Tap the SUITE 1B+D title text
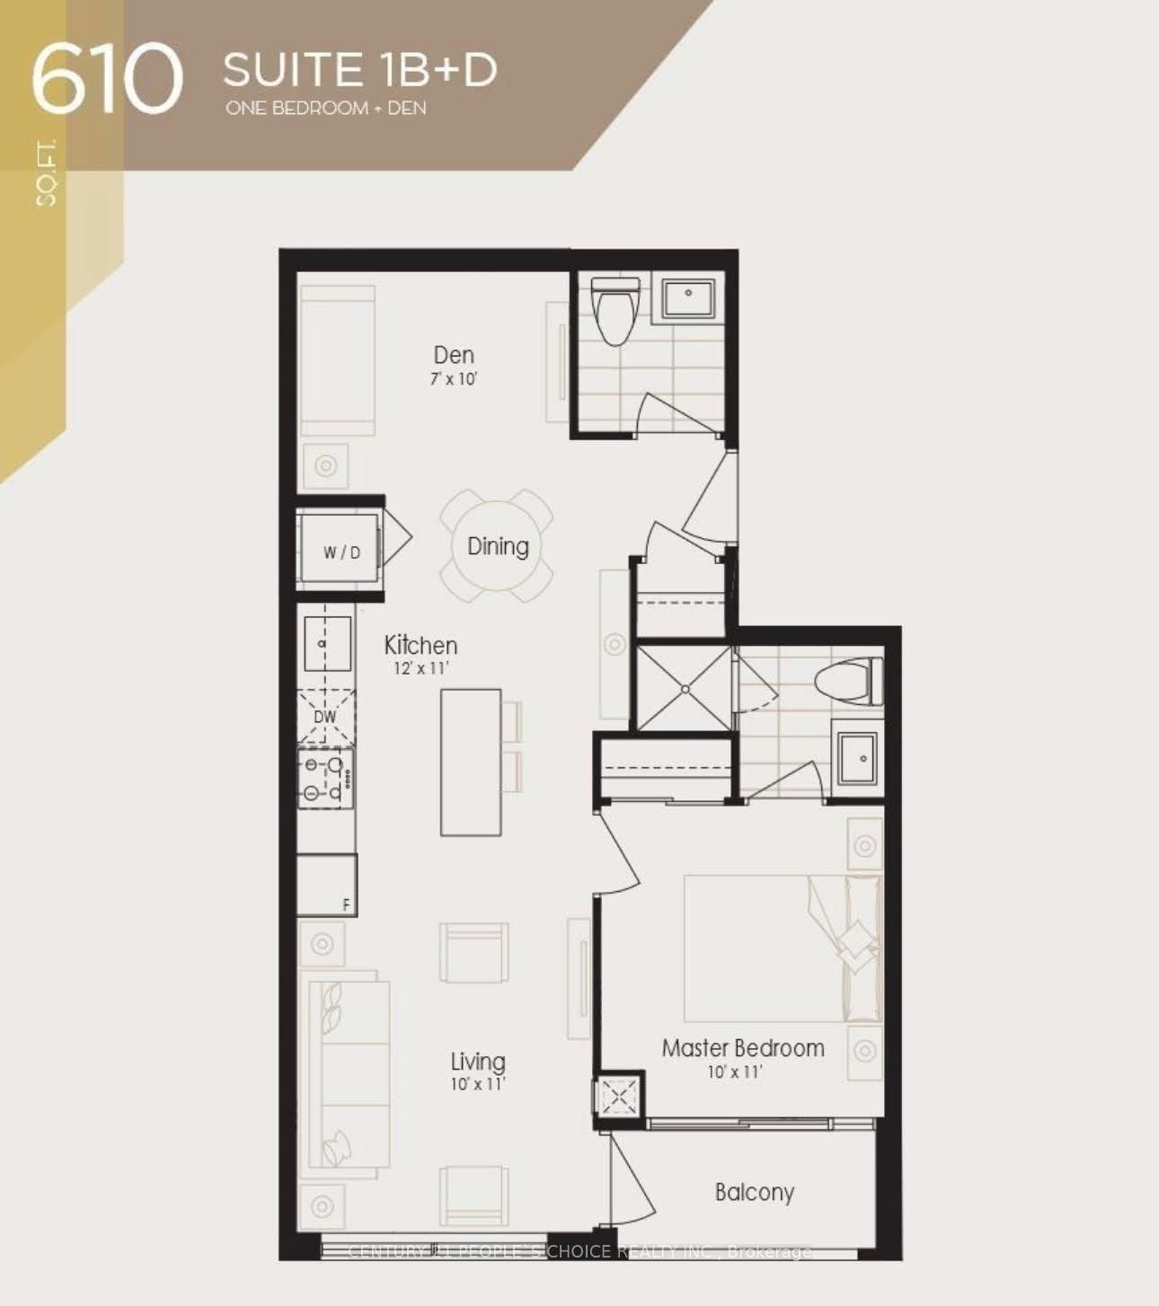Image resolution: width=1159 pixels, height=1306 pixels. tap(359, 69)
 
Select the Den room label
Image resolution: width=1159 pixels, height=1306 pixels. tap(454, 355)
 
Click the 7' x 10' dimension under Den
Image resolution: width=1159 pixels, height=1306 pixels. tap(453, 379)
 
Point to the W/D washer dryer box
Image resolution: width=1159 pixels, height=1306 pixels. tap(341, 551)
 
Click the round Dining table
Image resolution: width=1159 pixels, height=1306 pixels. tap(498, 546)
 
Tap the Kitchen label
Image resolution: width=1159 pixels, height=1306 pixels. tap(420, 645)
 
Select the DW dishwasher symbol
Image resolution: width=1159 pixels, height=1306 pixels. tap(325, 717)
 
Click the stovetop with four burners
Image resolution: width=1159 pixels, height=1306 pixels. tap(326, 779)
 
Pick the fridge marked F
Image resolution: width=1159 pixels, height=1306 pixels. tap(327, 885)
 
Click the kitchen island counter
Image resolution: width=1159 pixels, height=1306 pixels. tap(470, 762)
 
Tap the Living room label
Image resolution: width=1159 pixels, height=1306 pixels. tap(478, 1063)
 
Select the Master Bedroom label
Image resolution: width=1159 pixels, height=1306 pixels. tap(743, 1047)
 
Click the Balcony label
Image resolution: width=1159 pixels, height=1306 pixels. tap(755, 1192)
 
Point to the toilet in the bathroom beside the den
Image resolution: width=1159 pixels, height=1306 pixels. tap(615, 310)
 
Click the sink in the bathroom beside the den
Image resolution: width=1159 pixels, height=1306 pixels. tap(688, 298)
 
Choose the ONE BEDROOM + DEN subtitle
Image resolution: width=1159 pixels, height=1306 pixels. tap(326, 109)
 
